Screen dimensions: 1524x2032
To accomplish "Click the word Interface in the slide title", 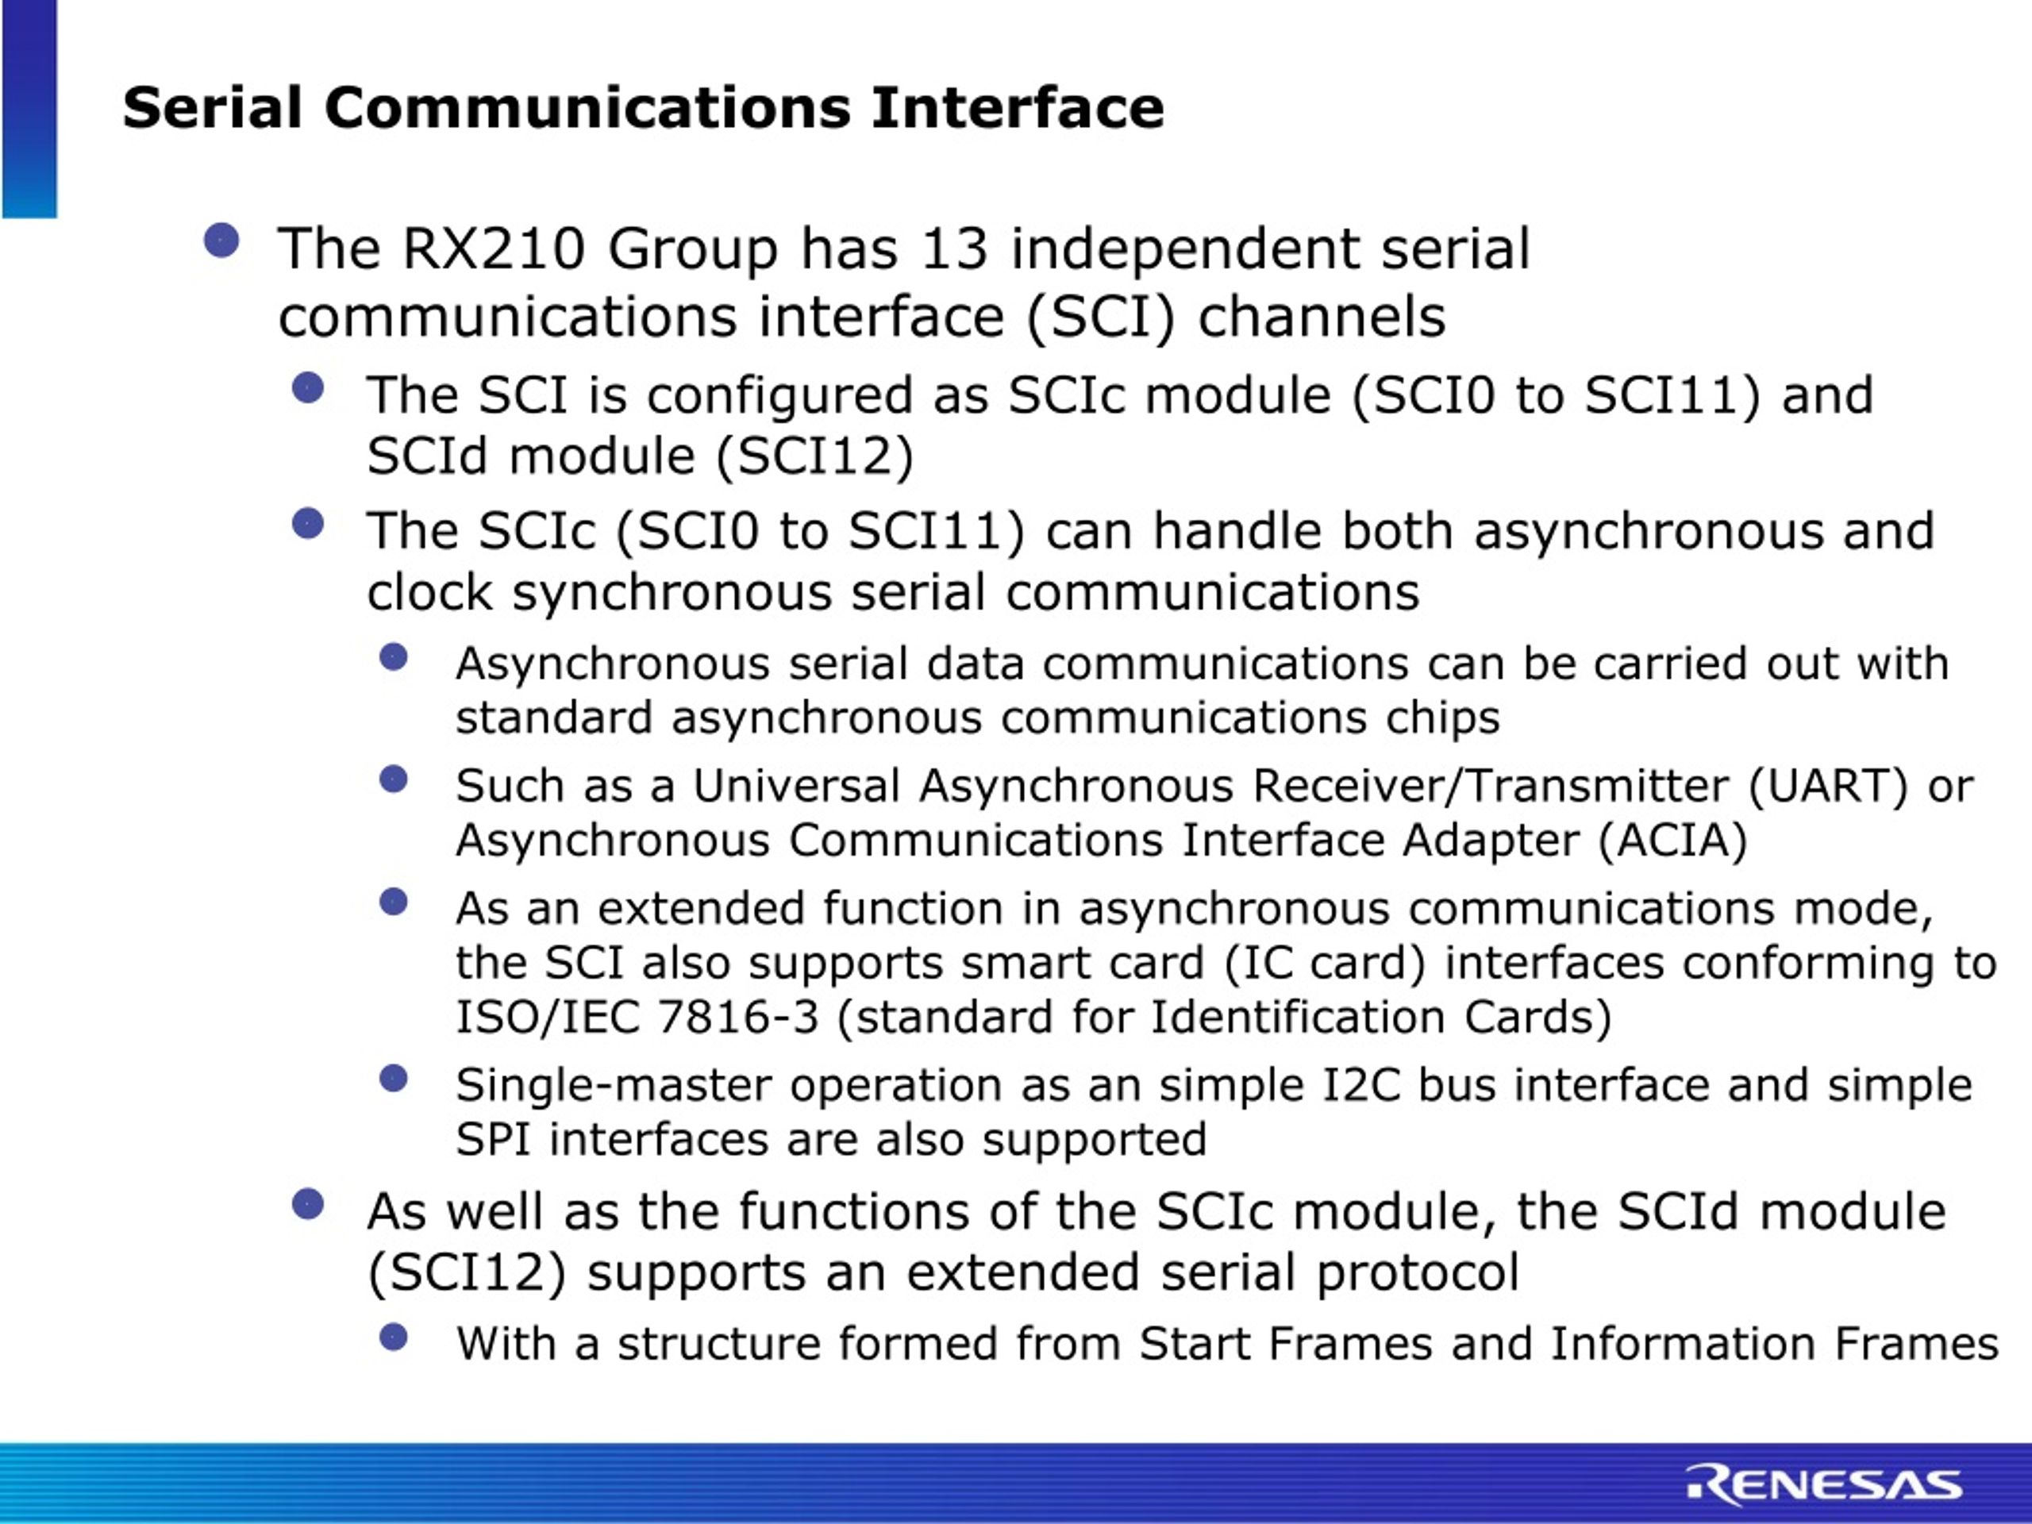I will coord(1017,109).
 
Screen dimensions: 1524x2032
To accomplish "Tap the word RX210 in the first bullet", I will coord(493,249).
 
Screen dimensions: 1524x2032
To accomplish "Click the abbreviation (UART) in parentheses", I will coord(1828,787).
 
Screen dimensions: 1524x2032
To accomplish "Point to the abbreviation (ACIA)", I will coord(1672,841).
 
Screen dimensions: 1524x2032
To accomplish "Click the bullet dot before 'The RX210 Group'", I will coord(221,241).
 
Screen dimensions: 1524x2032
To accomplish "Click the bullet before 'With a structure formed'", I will coord(393,1337).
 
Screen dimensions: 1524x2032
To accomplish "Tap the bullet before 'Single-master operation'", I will coord(393,1079).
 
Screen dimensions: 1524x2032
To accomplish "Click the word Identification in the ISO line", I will coord(1296,1018).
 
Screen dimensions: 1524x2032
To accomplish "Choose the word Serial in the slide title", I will coord(212,109).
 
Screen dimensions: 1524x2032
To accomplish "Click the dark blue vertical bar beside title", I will coord(29,109).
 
